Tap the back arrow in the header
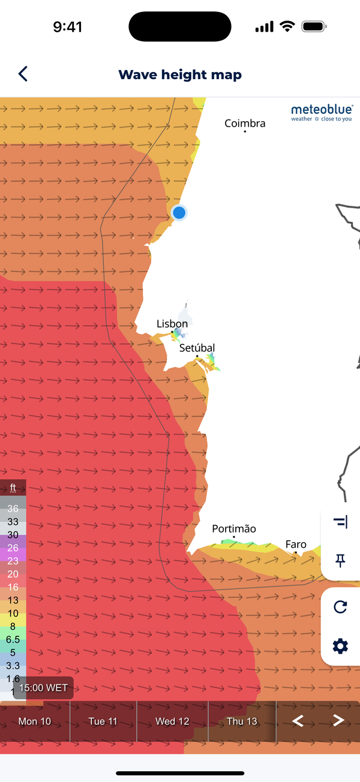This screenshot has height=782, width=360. (23, 74)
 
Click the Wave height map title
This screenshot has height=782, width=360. (180, 75)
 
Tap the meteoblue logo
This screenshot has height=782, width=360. (322, 112)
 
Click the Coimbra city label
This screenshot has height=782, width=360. (245, 124)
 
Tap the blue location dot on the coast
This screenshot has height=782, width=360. (179, 212)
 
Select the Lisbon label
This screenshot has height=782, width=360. (172, 324)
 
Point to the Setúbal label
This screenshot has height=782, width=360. (197, 348)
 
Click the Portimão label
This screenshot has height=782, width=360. (234, 529)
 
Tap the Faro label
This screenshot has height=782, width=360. (296, 545)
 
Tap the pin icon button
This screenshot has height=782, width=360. (340, 561)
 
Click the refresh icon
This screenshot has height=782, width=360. (340, 607)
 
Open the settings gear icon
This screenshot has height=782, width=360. (340, 646)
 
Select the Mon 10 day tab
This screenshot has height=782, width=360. (35, 721)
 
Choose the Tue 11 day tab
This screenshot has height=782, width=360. (103, 721)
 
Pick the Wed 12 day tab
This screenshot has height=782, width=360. (172, 721)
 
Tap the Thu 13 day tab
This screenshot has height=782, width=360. (242, 721)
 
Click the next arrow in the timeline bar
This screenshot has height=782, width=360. (338, 721)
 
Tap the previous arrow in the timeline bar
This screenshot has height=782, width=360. (298, 721)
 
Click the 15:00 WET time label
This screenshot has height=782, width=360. (43, 688)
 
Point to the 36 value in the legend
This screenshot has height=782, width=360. (13, 509)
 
